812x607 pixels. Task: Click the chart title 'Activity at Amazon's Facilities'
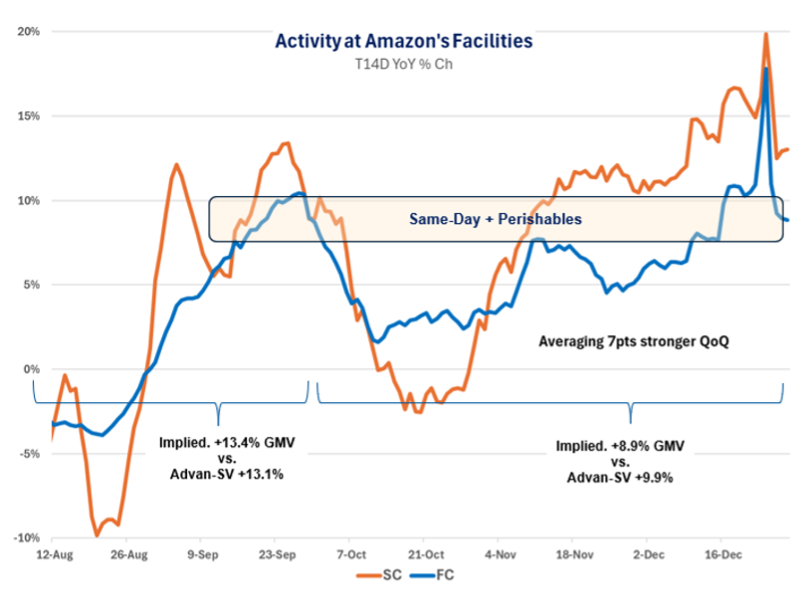coord(404,42)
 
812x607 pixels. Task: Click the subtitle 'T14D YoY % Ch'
coord(404,64)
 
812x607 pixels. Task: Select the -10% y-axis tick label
coord(25,538)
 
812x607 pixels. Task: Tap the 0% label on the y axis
coord(30,369)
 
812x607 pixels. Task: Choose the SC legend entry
coord(381,574)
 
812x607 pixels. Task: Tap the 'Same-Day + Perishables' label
coord(495,218)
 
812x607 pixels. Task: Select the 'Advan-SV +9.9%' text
coord(620,478)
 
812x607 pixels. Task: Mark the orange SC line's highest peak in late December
coord(765,34)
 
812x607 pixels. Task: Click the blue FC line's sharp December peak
coord(765,68)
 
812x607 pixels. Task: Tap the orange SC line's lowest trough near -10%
coord(98,535)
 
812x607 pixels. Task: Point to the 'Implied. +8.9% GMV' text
coord(620,446)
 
